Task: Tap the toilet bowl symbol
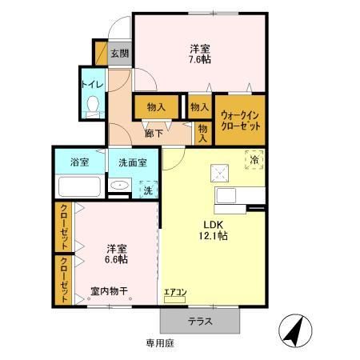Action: click(92, 104)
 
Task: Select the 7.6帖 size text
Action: click(199, 60)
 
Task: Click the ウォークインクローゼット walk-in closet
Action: click(239, 120)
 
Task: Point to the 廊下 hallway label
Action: click(153, 134)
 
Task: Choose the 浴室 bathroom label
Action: click(78, 162)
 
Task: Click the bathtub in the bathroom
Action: click(78, 188)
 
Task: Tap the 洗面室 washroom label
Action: click(132, 162)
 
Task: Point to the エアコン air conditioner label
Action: click(174, 293)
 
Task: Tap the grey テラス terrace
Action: click(200, 321)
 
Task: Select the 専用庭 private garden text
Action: click(159, 342)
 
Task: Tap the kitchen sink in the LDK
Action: click(225, 196)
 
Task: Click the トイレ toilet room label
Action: click(90, 80)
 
